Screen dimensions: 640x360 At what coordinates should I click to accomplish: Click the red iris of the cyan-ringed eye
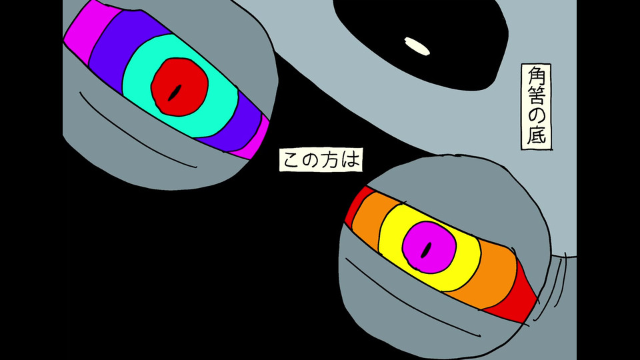click(x=179, y=87)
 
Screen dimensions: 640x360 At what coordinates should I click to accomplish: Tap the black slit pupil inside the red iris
click(x=177, y=93)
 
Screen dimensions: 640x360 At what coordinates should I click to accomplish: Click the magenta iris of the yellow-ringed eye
click(x=429, y=247)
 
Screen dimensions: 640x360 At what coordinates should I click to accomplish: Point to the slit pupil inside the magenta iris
click(x=427, y=250)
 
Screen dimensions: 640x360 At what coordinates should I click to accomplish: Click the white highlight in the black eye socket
click(x=417, y=46)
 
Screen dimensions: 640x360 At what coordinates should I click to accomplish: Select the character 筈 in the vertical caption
click(x=537, y=95)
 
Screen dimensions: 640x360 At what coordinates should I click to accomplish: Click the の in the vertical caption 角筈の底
click(x=537, y=116)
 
